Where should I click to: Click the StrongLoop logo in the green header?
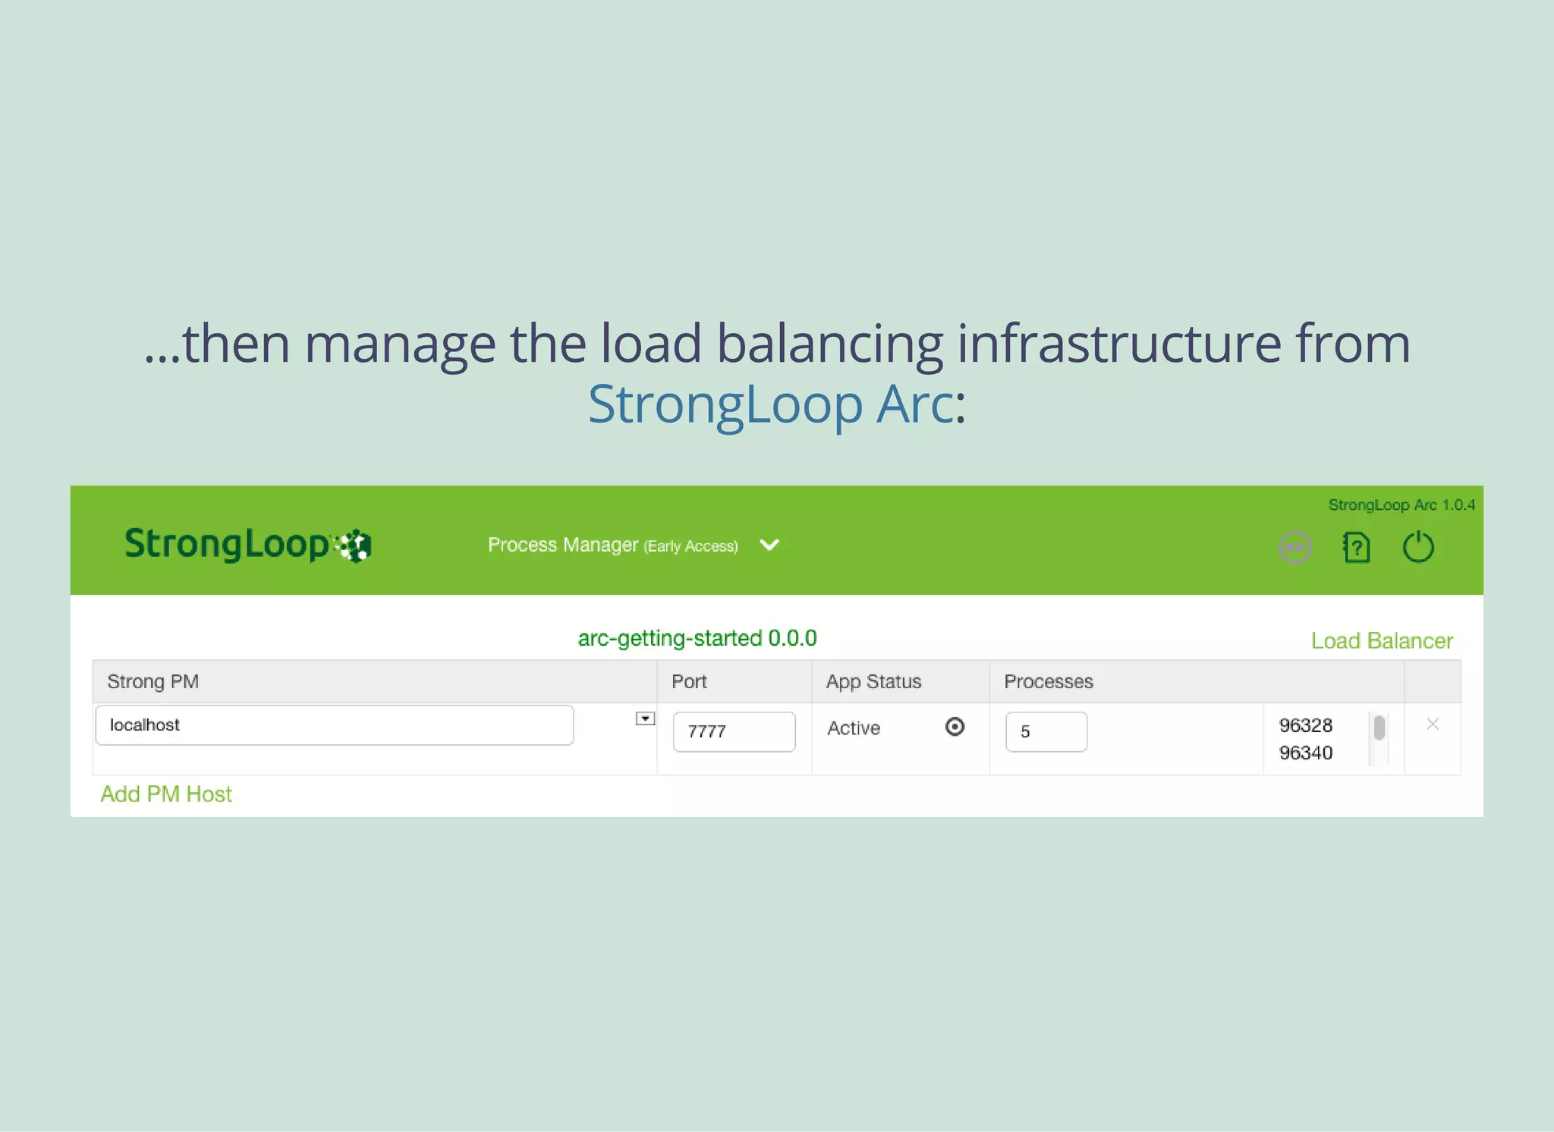(247, 545)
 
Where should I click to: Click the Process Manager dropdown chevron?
(769, 546)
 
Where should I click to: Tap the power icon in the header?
(1417, 547)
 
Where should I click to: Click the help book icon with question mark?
(1357, 547)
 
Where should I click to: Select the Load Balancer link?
(1381, 641)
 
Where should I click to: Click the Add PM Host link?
(166, 794)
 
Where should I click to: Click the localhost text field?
(334, 725)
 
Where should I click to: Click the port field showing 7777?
(733, 732)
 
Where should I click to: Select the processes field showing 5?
(1046, 732)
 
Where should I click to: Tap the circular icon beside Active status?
(955, 727)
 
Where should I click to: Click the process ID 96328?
(1305, 726)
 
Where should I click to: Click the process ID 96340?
(1305, 753)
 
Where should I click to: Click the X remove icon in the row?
(1432, 725)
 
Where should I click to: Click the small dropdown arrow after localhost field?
(645, 719)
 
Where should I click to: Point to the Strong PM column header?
(153, 682)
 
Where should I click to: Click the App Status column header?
(873, 682)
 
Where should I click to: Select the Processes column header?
(1048, 682)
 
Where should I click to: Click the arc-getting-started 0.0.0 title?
(697, 638)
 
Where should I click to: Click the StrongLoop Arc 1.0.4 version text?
(1401, 505)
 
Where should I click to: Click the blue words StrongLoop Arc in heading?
(770, 404)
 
